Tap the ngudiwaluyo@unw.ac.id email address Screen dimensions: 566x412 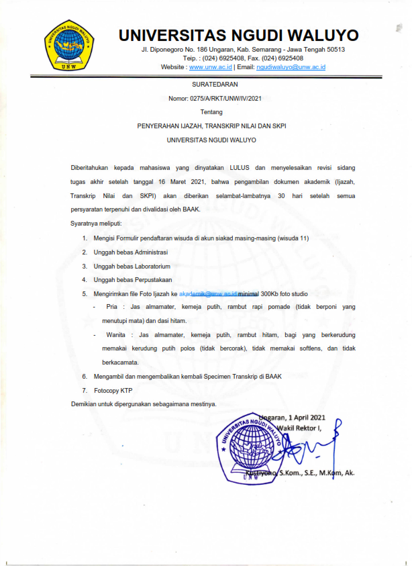(x=291, y=68)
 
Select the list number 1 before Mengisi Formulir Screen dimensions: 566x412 (x=85, y=238)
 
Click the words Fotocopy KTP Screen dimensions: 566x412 (x=114, y=390)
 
